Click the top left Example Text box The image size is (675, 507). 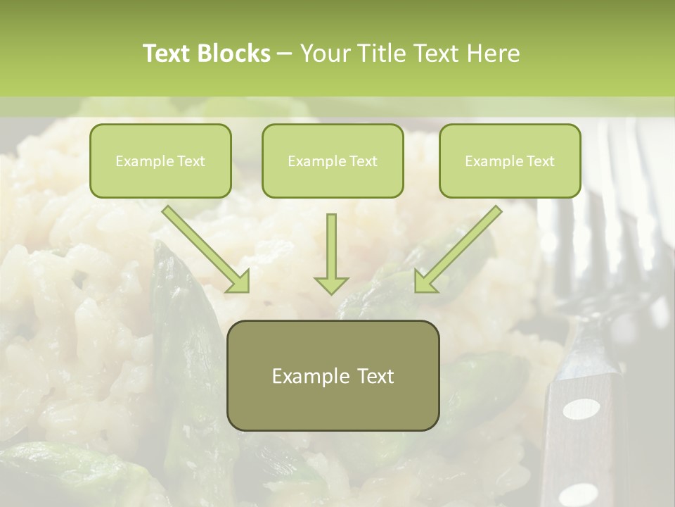point(160,161)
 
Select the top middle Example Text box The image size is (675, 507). point(333,161)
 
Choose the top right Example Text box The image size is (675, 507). point(510,161)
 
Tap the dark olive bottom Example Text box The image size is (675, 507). point(333,376)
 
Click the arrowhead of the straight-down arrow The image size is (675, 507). point(331,284)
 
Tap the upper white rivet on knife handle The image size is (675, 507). point(582,408)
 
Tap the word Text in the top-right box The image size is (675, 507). point(541,161)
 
